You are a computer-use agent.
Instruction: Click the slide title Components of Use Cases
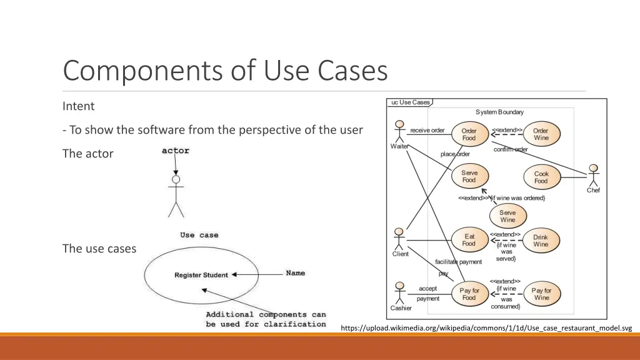point(225,71)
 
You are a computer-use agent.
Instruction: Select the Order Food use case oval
point(469,134)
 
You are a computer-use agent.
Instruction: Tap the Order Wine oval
point(541,134)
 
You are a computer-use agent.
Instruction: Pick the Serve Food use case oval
point(469,176)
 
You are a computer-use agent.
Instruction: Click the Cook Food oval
point(541,177)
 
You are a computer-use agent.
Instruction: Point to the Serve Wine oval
point(507,216)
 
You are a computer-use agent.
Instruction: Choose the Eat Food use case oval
point(469,240)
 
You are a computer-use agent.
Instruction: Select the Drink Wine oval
point(541,241)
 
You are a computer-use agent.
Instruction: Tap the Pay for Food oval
point(469,294)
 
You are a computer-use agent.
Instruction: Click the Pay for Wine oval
point(541,294)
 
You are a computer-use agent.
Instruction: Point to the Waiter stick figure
point(399,132)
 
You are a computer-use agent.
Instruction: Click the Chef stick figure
point(593,176)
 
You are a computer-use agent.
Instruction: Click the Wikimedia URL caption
point(487,328)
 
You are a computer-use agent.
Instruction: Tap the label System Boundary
point(499,112)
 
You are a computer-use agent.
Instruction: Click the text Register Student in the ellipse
point(201,275)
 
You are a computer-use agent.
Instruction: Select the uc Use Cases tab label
point(411,102)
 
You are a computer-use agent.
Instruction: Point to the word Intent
point(79,106)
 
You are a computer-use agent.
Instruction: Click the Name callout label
point(296,273)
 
